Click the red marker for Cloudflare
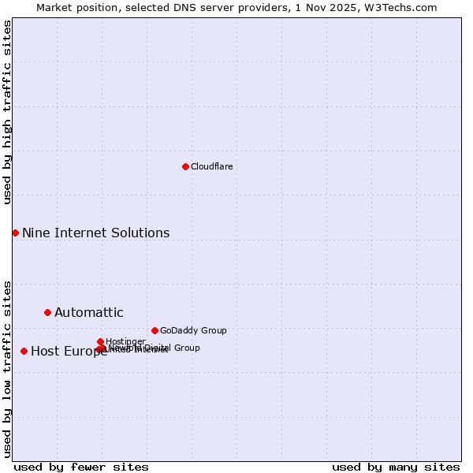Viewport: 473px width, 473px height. pos(185,166)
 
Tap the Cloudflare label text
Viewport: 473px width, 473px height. pos(211,166)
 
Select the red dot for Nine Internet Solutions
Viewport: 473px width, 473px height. pos(15,233)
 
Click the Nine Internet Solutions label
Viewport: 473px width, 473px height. pos(95,233)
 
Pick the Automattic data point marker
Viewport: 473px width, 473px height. pos(47,312)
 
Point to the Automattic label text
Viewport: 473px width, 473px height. pos(88,312)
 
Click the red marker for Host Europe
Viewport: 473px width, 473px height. pos(24,351)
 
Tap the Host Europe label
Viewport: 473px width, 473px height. pos(69,352)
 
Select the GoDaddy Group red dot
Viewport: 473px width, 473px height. pos(155,330)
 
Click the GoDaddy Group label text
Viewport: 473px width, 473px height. pos(193,330)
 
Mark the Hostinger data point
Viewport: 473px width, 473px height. pos(100,341)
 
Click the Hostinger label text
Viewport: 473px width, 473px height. pos(125,341)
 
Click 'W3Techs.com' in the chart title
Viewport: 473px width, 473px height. pos(404,7)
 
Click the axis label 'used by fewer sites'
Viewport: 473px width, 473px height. pos(81,467)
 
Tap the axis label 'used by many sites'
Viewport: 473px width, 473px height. pos(396,467)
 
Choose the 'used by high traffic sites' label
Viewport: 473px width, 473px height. pos(7,112)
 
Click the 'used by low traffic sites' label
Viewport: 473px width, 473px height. pos(7,368)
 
